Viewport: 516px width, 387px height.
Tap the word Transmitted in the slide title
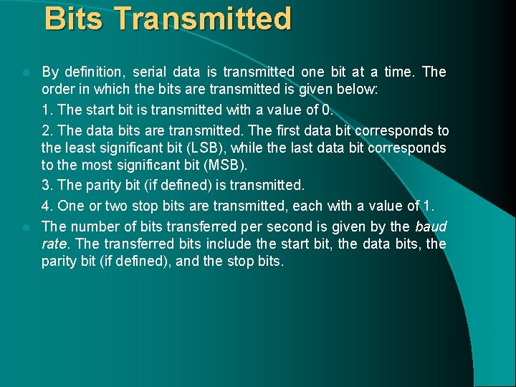pos(202,19)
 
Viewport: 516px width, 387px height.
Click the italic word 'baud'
pos(431,226)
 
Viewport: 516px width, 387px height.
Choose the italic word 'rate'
pos(53,244)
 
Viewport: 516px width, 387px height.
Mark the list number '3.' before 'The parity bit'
pos(47,185)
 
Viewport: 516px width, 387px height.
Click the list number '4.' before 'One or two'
pos(47,206)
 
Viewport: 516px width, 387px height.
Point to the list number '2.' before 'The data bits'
pos(47,130)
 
